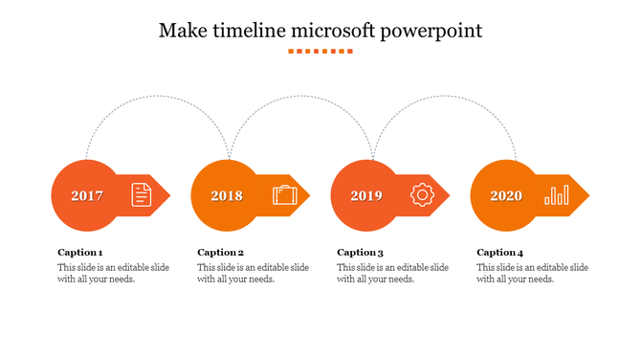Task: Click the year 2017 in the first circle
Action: coord(87,196)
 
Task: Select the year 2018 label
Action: coord(227,196)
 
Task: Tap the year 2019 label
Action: coord(366,196)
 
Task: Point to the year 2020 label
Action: coord(506,196)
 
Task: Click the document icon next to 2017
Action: coord(141,195)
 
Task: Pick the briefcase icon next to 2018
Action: coord(284,195)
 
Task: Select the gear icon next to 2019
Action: coord(422,195)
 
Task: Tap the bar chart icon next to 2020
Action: coord(556,195)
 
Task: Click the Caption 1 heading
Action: coord(80,253)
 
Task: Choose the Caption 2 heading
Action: coord(221,253)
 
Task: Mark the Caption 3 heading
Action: coord(361,253)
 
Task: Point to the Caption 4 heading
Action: coord(500,253)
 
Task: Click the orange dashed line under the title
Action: coord(320,51)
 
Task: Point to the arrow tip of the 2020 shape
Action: coord(586,196)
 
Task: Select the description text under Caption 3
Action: coord(393,274)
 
